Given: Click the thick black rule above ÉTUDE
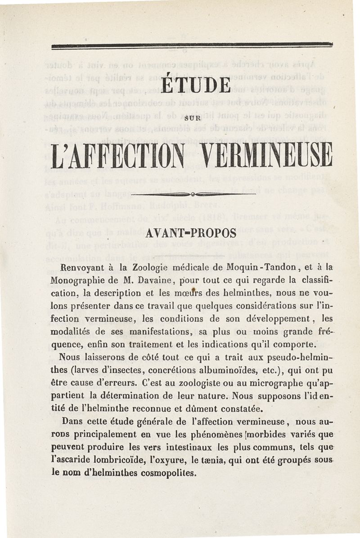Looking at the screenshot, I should point(192,45).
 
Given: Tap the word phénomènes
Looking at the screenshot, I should point(200,435).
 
